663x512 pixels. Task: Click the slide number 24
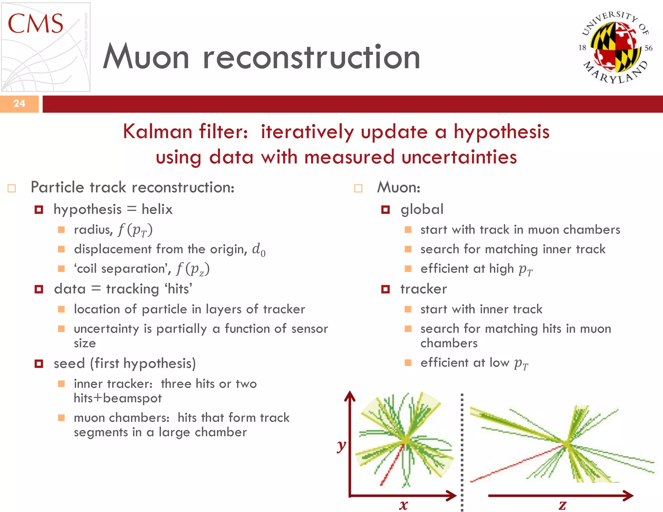tap(19, 104)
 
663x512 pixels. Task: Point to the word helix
tap(157, 209)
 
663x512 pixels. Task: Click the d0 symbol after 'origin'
tap(259, 250)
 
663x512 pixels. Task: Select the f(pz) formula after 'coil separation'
tap(193, 269)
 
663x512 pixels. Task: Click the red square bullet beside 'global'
tap(385, 210)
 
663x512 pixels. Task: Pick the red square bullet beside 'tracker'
tap(385, 289)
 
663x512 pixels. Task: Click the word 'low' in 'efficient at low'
tap(499, 363)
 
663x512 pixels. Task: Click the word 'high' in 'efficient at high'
tap(501, 269)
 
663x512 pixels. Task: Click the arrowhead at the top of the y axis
tap(350, 395)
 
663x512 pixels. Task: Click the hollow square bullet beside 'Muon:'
tap(358, 188)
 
